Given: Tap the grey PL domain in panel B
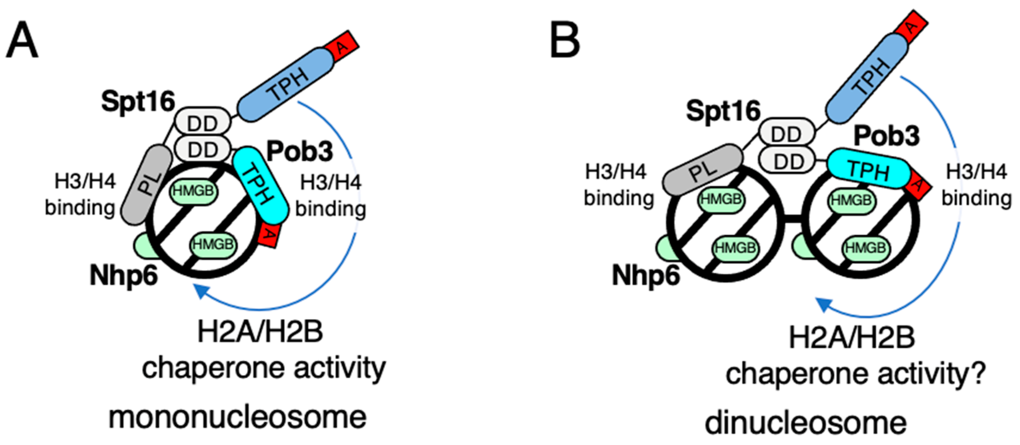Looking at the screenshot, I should pyautogui.click(x=703, y=170).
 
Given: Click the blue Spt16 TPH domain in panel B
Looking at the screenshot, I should pyautogui.click(x=867, y=78).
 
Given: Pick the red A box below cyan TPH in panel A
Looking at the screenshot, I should pyautogui.click(x=269, y=235).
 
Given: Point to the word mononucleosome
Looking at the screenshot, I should pyautogui.click(x=237, y=417).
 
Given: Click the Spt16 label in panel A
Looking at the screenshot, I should pyautogui.click(x=138, y=101).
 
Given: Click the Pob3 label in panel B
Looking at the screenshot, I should pyautogui.click(x=886, y=136).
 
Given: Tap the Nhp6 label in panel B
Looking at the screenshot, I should pyautogui.click(x=645, y=275).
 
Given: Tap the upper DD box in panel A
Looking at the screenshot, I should pyautogui.click(x=203, y=123).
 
